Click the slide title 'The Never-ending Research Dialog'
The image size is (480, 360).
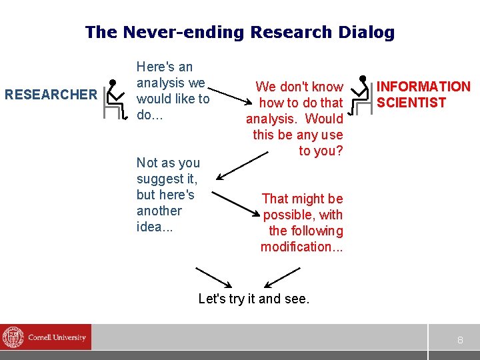[240, 32]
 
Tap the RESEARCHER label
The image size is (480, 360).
[51, 95]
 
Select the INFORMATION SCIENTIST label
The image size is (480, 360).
[423, 94]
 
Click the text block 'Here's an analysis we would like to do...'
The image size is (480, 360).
[173, 91]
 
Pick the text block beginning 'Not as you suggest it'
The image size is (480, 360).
[167, 195]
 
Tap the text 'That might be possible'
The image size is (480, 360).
[302, 207]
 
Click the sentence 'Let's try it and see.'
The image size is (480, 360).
[254, 299]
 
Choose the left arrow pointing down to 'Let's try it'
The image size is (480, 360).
[213, 277]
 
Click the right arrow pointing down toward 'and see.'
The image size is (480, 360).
[283, 277]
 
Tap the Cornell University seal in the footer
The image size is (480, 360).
[13, 337]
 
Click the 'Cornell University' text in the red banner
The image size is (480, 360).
[57, 337]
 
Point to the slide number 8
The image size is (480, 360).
[459, 340]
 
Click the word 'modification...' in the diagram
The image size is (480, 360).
[301, 247]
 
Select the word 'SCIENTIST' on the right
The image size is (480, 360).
[411, 103]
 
